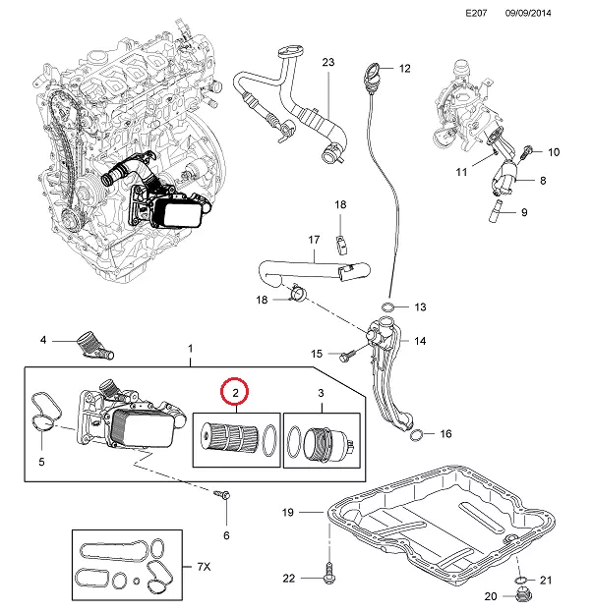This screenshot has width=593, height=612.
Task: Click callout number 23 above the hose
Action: (x=327, y=62)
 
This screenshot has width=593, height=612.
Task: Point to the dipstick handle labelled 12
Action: (x=372, y=72)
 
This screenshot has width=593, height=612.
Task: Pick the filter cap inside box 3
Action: (x=325, y=443)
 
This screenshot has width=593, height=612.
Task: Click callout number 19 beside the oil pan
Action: (x=288, y=512)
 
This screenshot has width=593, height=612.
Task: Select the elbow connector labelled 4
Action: (x=97, y=343)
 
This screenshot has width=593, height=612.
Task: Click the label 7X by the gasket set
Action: (x=204, y=567)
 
